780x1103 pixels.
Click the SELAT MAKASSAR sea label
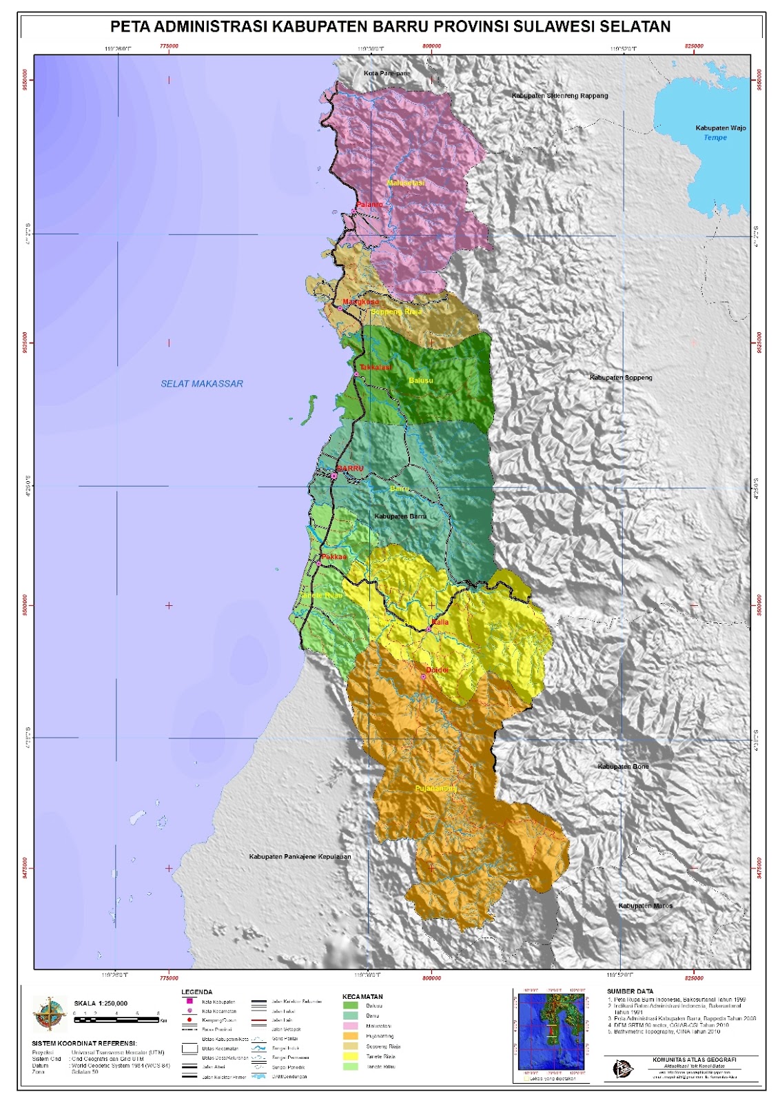tap(202, 384)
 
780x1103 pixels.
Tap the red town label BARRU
tap(351, 469)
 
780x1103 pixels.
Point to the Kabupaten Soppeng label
tap(620, 378)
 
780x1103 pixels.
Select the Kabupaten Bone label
tap(623, 767)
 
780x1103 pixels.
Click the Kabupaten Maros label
tap(645, 906)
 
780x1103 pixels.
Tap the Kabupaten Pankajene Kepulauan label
tap(300, 857)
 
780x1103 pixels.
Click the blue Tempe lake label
tap(715, 138)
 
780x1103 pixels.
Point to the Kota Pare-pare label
tap(387, 73)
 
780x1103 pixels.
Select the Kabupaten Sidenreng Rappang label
tap(560, 96)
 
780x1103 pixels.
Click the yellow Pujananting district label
tap(435, 788)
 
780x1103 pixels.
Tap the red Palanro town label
tap(369, 205)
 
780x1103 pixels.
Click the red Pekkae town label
tap(333, 556)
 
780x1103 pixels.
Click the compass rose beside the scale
tap(50, 1014)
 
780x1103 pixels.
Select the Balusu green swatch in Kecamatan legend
tap(351, 1006)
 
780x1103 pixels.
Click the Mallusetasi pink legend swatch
tap(351, 1026)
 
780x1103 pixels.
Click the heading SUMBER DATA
tap(630, 991)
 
